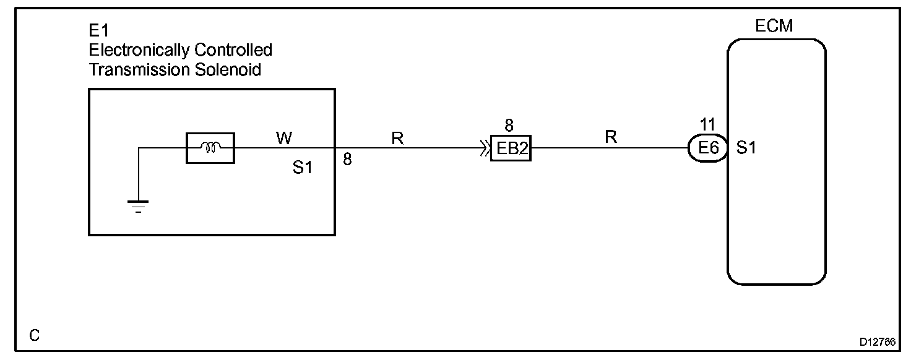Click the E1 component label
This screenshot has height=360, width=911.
99,31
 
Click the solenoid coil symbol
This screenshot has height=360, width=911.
210,148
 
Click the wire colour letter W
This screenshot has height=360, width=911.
284,139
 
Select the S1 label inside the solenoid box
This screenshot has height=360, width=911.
303,168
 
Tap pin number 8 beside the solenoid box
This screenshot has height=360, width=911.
347,160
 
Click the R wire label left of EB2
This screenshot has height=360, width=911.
397,139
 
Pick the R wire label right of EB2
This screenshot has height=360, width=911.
611,137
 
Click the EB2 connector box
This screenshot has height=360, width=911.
511,148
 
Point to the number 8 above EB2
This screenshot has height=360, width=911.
509,126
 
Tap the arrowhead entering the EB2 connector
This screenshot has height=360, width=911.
485,148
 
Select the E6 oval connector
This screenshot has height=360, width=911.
708,148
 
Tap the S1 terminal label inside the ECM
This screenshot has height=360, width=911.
746,148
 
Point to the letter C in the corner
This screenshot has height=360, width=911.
35,335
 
